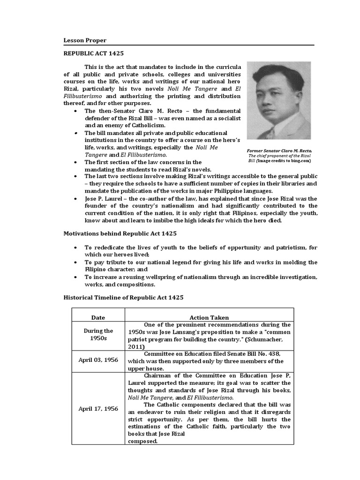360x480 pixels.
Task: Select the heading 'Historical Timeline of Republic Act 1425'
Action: (123, 297)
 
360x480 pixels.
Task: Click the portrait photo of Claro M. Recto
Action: (278, 100)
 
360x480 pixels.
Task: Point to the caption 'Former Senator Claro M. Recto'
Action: (278, 150)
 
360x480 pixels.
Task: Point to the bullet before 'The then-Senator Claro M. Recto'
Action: (76, 111)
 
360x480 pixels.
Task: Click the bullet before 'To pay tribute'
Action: (76, 262)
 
